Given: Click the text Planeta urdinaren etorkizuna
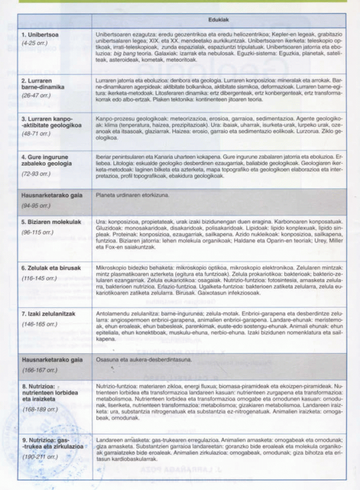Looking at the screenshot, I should pos(130,195).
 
